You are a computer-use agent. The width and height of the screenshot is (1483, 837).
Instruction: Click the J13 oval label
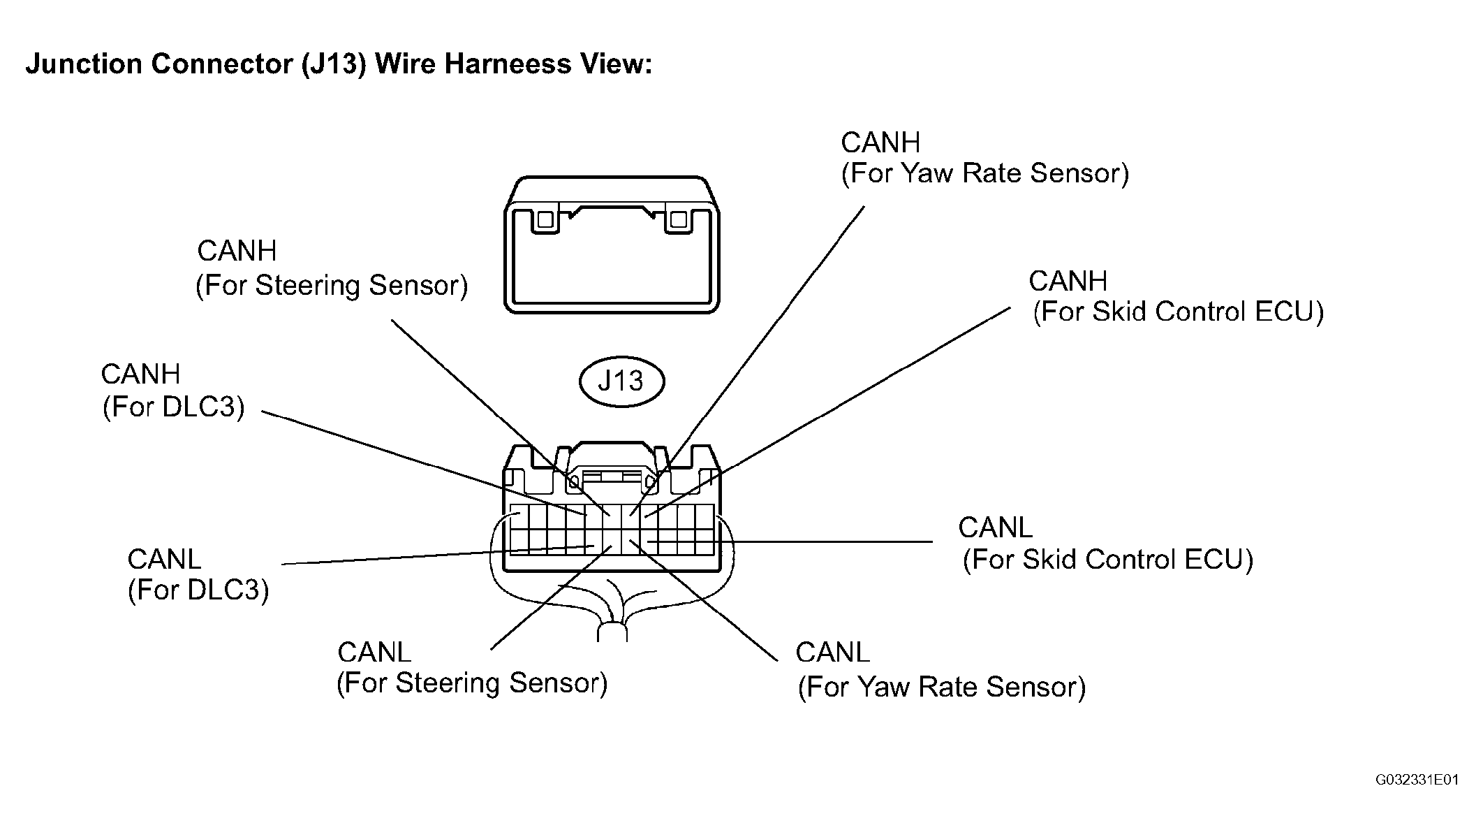[621, 381]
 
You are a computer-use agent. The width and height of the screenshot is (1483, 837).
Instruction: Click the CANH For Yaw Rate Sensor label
[984, 158]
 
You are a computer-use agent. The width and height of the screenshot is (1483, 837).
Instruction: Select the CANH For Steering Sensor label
[332, 268]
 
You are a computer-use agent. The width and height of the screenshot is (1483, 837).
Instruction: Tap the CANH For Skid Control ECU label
[1176, 296]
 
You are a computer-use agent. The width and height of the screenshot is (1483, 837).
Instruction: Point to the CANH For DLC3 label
[173, 391]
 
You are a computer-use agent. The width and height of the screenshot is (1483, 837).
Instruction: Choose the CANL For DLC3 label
[198, 574]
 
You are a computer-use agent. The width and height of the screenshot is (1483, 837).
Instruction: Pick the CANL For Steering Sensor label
[472, 667]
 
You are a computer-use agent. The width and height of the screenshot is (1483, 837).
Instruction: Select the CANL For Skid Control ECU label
[1106, 544]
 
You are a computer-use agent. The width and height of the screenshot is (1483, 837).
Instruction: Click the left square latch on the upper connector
[545, 220]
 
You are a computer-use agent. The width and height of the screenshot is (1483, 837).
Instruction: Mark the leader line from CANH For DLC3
[423, 463]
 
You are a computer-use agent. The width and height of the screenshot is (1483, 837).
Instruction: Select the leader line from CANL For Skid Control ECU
[790, 541]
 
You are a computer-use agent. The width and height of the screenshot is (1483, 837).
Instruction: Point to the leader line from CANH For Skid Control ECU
[827, 412]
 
